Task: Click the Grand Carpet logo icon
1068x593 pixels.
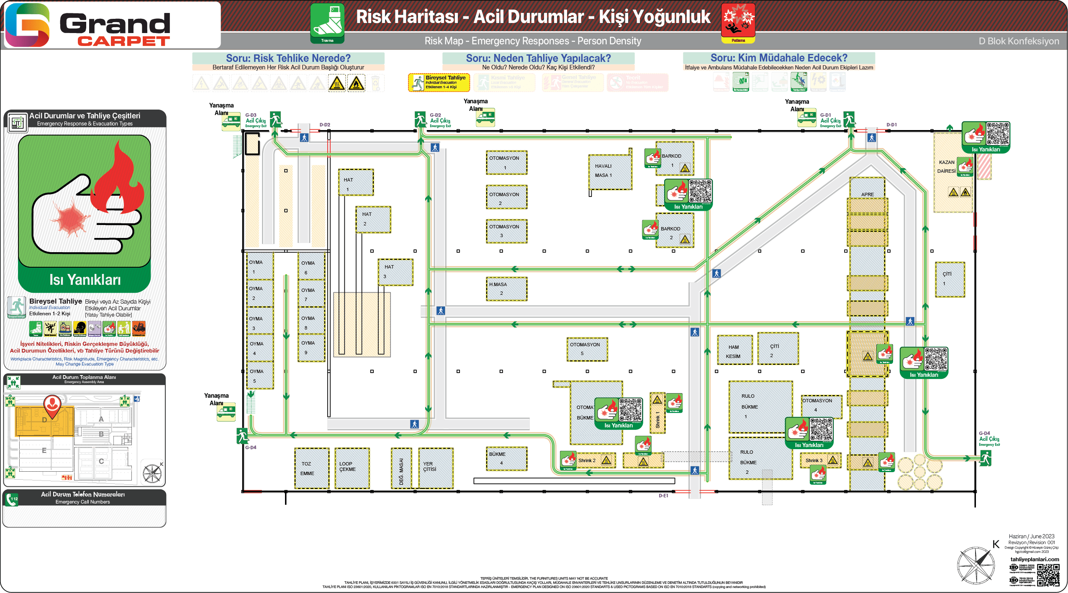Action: click(x=27, y=25)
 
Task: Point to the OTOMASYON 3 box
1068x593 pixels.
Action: click(x=506, y=231)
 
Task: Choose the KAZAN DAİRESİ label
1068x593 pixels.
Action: click(x=947, y=166)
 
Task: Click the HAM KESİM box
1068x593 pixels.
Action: click(x=734, y=350)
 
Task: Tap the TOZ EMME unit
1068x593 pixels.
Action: click(x=311, y=468)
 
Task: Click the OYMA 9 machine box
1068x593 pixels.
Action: click(x=311, y=347)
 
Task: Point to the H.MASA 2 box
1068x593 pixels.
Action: click(x=506, y=289)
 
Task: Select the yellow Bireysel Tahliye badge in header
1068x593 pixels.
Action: click(x=439, y=82)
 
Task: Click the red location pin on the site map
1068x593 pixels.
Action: click(x=53, y=406)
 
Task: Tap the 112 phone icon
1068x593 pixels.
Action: click(x=13, y=499)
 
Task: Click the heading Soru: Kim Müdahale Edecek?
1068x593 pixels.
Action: click(x=778, y=58)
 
